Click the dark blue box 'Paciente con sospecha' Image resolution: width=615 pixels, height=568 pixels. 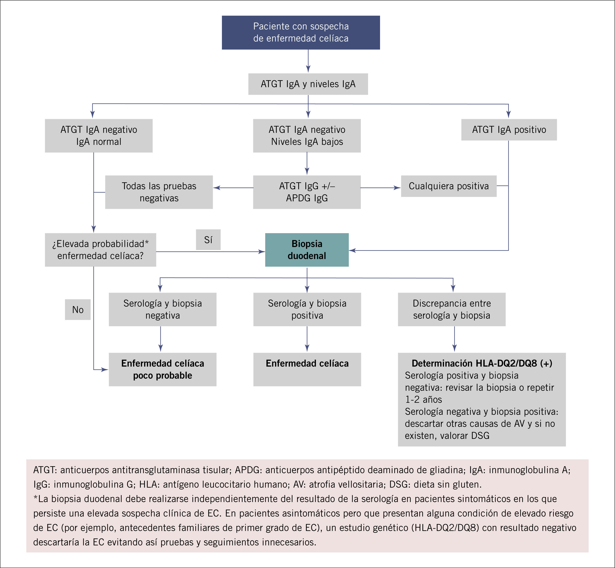click(x=301, y=32)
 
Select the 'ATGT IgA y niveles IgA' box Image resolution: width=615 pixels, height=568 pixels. click(x=308, y=84)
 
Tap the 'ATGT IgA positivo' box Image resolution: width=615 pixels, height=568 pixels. click(x=509, y=130)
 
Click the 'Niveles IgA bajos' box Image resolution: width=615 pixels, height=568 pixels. click(x=307, y=136)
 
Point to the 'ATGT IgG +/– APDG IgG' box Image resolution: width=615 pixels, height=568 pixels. click(x=307, y=192)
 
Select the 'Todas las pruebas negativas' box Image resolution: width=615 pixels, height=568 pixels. click(x=159, y=192)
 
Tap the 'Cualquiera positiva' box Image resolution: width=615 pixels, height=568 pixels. click(x=449, y=186)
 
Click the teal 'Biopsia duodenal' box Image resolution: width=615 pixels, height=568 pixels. click(x=307, y=250)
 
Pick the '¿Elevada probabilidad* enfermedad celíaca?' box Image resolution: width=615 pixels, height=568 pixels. click(x=100, y=250)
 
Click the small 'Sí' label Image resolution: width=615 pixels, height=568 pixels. click(x=208, y=240)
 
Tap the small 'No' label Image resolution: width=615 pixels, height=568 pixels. click(x=78, y=309)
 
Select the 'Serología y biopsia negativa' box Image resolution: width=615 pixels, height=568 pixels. click(x=162, y=309)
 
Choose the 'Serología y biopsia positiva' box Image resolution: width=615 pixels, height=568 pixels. click(x=307, y=309)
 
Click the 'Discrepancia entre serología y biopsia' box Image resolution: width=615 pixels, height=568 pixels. click(x=451, y=309)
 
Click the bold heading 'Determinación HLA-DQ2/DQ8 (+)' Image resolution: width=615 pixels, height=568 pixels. click(x=482, y=363)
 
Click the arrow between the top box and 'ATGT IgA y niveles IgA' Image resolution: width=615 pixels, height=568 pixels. click(x=308, y=62)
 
